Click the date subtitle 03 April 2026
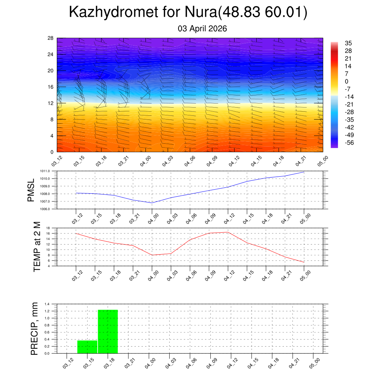202,29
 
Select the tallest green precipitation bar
108,331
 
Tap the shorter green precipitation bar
87,347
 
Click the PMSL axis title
31,190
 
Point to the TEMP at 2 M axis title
37,246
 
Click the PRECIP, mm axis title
35,328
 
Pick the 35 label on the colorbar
348,43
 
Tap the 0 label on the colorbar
347,82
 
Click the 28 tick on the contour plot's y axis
51,38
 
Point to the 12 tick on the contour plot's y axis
51,103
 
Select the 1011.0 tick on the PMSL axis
49,171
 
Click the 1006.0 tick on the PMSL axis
49,209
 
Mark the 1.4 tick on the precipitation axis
47,304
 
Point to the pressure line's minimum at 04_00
152,203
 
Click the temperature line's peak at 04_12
227,232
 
